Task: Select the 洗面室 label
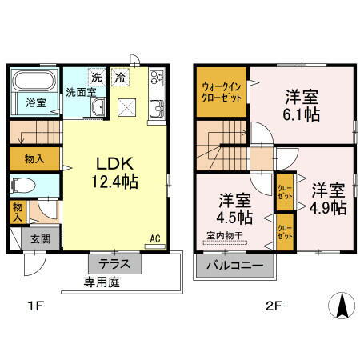[x=80, y=92]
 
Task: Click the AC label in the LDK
[x=155, y=238]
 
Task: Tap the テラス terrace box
[x=114, y=263]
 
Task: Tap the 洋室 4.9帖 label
[x=328, y=198]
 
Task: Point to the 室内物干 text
[x=226, y=236]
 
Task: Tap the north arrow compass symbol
[x=340, y=304]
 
